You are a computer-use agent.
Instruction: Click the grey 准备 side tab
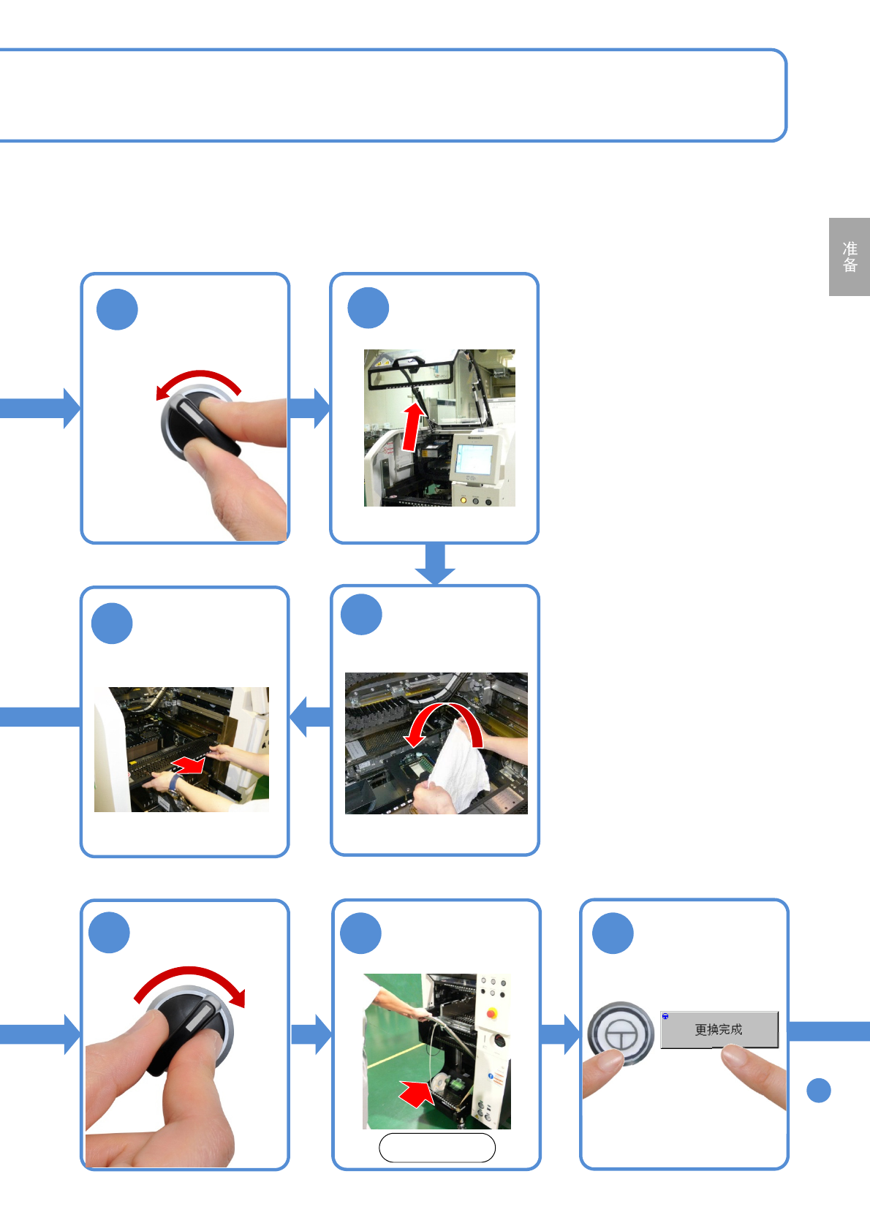[x=849, y=257]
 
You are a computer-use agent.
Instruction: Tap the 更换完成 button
[x=719, y=1029]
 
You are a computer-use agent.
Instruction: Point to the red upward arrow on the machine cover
[x=413, y=428]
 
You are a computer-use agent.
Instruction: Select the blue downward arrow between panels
[x=435, y=564]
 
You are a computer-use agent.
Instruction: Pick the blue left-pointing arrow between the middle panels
[x=310, y=716]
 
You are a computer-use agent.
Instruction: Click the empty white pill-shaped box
[x=437, y=1148]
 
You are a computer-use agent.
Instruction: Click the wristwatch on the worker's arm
[x=175, y=784]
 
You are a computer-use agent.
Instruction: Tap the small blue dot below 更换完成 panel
[x=819, y=1090]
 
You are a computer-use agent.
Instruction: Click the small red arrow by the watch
[x=189, y=765]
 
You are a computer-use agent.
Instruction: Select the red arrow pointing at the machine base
[x=417, y=1094]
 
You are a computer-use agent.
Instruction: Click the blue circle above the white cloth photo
[x=362, y=615]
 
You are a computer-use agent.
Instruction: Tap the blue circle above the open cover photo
[x=368, y=308]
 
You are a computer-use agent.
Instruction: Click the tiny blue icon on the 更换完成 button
[x=665, y=1017]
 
